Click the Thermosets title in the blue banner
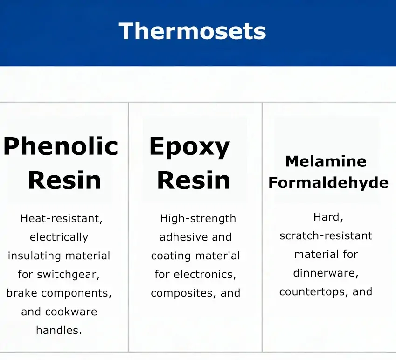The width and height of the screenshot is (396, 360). [192, 31]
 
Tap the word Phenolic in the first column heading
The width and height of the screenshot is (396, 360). [61, 146]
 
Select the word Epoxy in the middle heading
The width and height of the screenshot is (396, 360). [189, 147]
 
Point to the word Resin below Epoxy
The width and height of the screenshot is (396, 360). [194, 180]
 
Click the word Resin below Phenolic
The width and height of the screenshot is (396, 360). [64, 180]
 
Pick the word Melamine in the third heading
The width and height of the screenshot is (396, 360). [326, 161]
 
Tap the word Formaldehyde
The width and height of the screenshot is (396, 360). [328, 182]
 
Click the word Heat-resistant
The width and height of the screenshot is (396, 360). [62, 218]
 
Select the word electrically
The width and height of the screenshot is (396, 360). [59, 237]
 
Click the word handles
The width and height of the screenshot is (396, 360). [59, 330]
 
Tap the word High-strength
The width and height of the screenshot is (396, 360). [198, 219]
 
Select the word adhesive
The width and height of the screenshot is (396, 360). [183, 237]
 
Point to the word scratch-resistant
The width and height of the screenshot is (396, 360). [326, 236]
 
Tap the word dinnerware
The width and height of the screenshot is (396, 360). [326, 273]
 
